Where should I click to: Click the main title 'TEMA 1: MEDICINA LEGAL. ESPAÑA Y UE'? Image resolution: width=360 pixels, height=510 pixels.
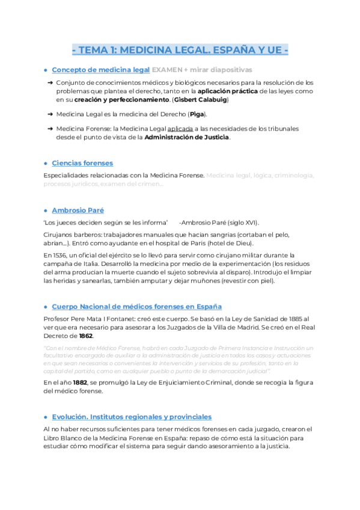[180, 50]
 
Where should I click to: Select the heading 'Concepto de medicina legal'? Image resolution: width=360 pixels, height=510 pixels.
[100, 70]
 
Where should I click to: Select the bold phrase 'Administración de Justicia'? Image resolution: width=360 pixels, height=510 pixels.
[188, 137]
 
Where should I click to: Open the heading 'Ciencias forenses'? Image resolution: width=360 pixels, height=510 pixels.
[82, 163]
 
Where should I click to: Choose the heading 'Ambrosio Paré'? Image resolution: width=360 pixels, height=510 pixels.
[78, 210]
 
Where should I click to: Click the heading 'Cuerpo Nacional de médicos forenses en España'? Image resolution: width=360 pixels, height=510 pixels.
[137, 306]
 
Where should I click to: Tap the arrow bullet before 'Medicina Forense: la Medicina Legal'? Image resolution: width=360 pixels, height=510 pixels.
[50, 129]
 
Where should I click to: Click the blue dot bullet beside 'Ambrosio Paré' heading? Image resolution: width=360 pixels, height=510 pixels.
[46, 210]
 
